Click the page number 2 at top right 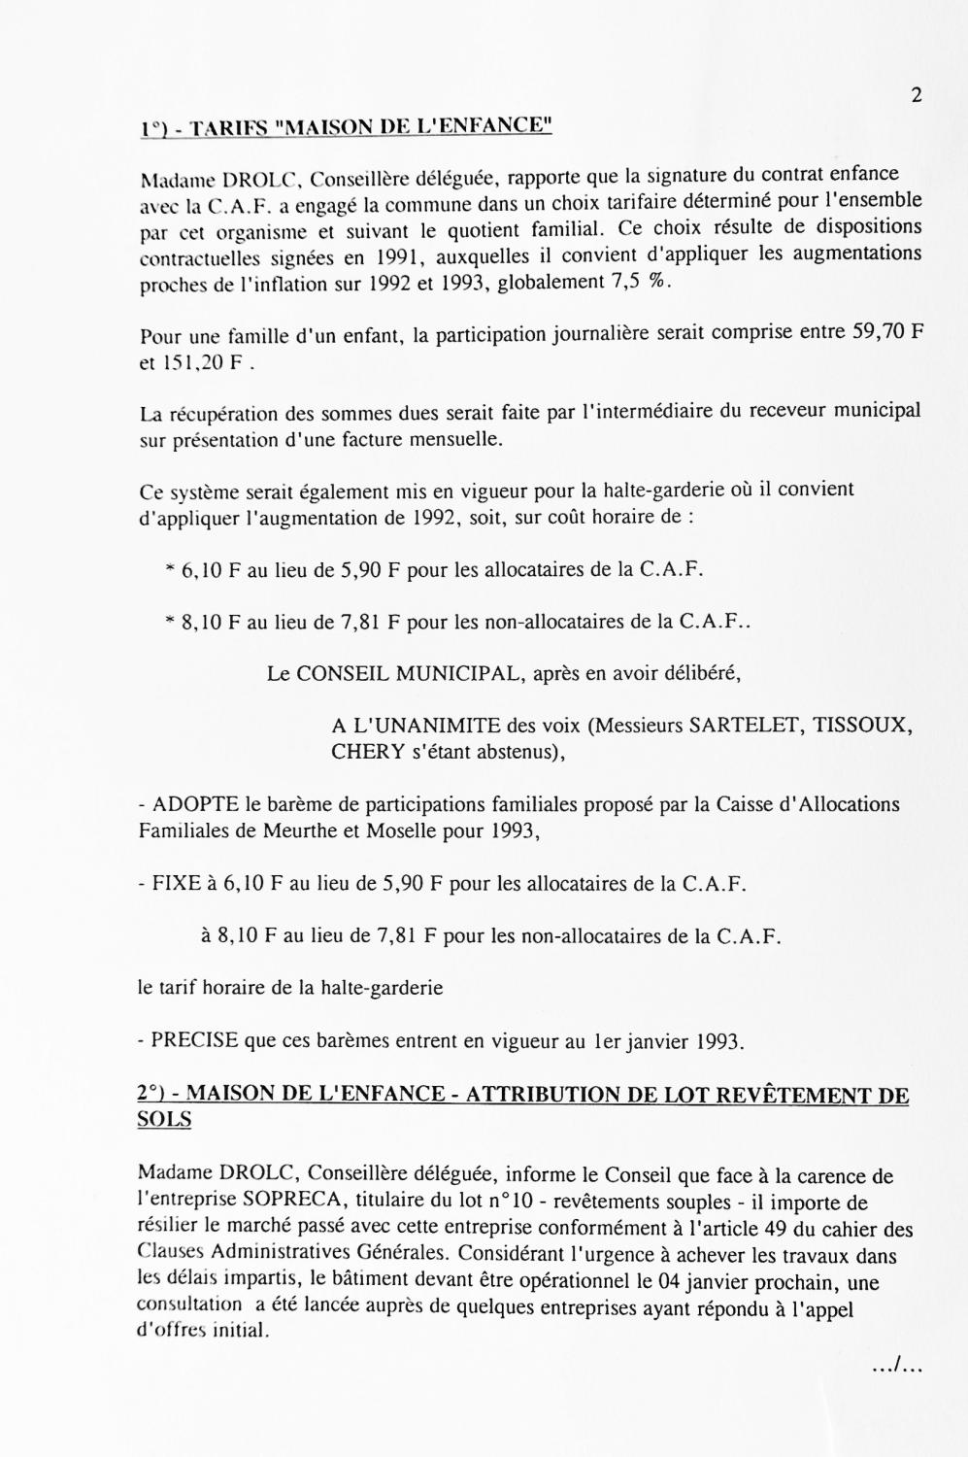[x=916, y=95]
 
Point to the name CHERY [x=361, y=752]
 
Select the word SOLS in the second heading [x=164, y=1120]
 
